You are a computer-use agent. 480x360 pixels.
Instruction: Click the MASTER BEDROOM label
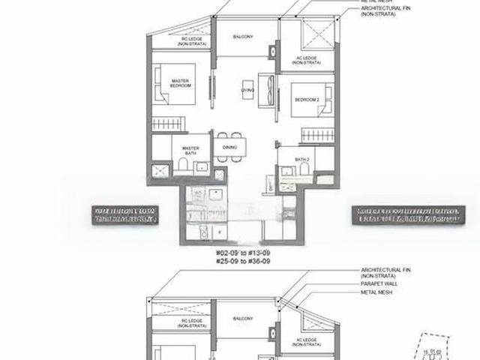(179, 83)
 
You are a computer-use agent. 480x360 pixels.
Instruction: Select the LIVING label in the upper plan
(247, 90)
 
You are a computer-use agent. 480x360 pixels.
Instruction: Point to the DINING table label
(229, 148)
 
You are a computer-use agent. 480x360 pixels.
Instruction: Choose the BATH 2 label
(302, 160)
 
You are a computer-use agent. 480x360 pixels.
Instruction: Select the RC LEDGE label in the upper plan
(187, 42)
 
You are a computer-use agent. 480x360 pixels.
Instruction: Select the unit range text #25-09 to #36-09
(242, 263)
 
